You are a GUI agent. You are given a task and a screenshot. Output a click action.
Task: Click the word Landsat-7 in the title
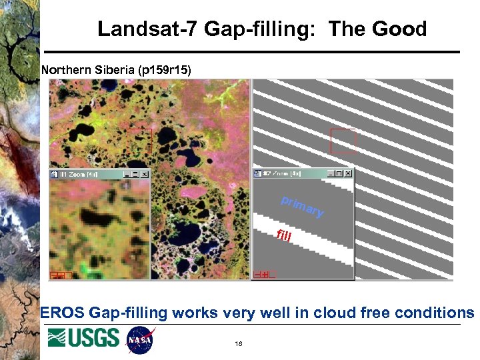[148, 29]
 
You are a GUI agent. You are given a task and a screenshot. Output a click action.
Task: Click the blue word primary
[302, 206]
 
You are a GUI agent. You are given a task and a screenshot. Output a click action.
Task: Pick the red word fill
[284, 235]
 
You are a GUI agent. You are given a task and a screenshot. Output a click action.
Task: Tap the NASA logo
[141, 339]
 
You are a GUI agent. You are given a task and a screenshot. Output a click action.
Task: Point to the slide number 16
[238, 344]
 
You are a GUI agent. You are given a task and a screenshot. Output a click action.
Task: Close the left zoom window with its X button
[145, 174]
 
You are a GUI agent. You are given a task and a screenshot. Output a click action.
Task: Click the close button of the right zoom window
[347, 173]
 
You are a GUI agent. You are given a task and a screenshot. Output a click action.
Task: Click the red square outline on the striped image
[343, 141]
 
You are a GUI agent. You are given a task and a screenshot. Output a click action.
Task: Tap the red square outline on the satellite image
[139, 141]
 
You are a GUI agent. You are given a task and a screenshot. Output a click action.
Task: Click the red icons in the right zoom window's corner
[265, 274]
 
